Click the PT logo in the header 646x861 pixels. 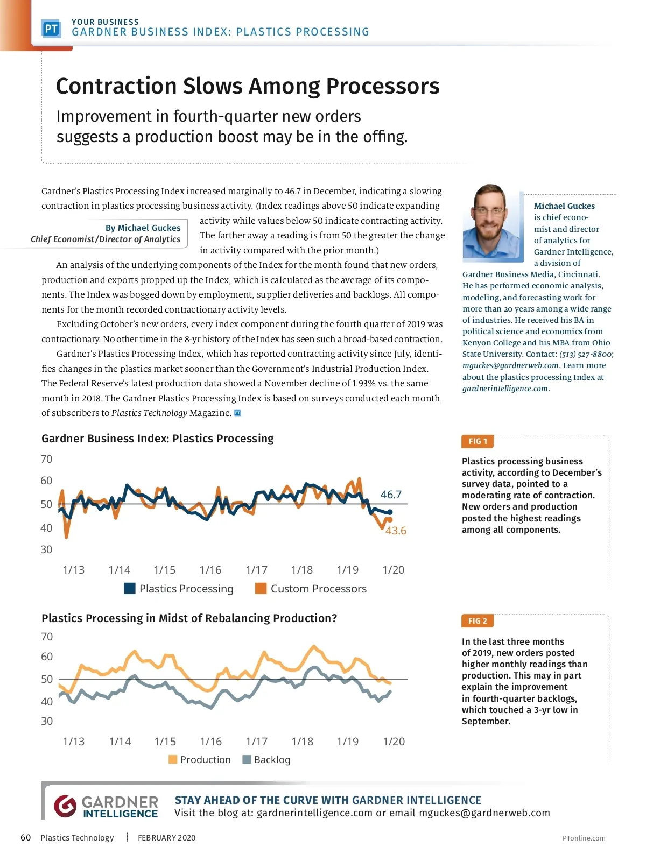[51, 29]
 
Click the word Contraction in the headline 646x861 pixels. [116, 86]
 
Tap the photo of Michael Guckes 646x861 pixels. [492, 222]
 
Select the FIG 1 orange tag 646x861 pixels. [478, 441]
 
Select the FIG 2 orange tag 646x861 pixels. [478, 621]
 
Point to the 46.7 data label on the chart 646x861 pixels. [391, 494]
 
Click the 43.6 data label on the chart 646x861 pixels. [396, 531]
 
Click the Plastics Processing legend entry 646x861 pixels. [179, 589]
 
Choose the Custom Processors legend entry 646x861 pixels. [311, 589]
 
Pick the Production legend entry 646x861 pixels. [200, 759]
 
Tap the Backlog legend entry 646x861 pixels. [267, 759]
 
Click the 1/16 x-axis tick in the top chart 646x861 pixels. [210, 570]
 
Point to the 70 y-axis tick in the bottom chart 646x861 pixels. [47, 637]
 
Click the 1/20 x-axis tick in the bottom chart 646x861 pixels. [394, 742]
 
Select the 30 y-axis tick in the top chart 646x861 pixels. [46, 549]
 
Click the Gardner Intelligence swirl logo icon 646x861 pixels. [65, 806]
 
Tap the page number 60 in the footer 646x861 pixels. [25, 837]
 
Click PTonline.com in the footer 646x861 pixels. [584, 838]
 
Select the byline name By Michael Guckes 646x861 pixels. [143, 228]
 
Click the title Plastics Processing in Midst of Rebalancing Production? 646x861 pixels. [189, 618]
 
